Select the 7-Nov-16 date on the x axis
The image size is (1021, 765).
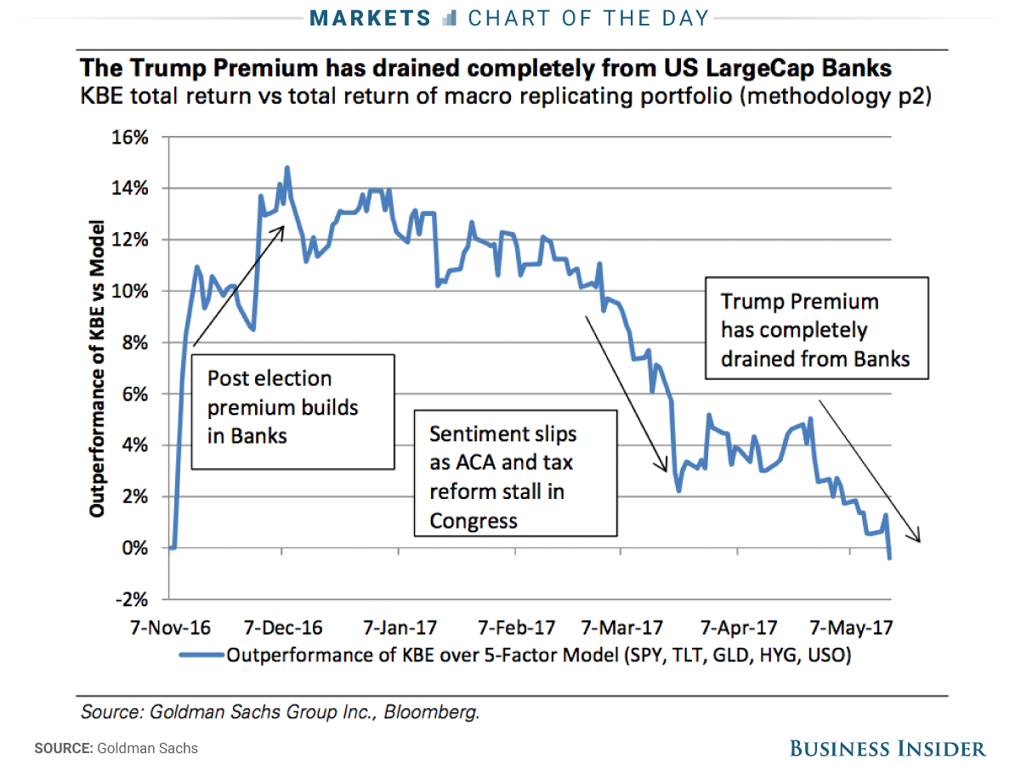(x=169, y=628)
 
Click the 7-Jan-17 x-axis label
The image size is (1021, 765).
(x=400, y=628)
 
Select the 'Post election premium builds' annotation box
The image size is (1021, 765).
(x=292, y=411)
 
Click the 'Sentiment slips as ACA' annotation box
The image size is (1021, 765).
(x=515, y=471)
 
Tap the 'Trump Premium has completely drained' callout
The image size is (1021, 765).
(x=815, y=326)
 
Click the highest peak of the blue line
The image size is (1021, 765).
(x=287, y=167)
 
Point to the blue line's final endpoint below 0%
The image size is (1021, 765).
(x=890, y=558)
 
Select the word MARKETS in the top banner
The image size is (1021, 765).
(x=371, y=18)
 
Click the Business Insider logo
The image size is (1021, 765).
(x=888, y=749)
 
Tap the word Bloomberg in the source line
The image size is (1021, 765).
(x=432, y=712)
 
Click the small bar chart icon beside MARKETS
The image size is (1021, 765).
(x=451, y=19)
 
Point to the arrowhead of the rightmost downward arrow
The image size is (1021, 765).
(x=918, y=540)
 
